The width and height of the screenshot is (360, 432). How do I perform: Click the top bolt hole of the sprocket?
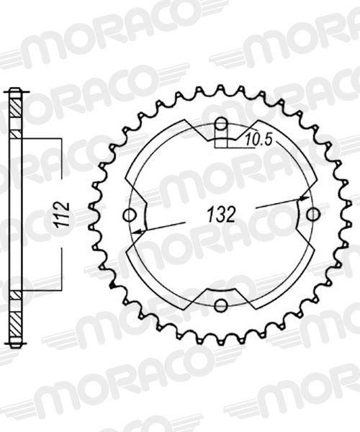coord(221,124)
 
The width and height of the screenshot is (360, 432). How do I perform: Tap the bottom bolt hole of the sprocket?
coord(221,306)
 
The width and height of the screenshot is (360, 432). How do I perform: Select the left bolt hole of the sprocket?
coord(130,215)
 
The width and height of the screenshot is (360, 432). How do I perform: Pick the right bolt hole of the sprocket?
coord(312,215)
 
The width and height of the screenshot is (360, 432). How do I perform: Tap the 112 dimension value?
coord(63,215)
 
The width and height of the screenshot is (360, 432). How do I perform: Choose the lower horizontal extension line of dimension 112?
coord(43,291)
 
